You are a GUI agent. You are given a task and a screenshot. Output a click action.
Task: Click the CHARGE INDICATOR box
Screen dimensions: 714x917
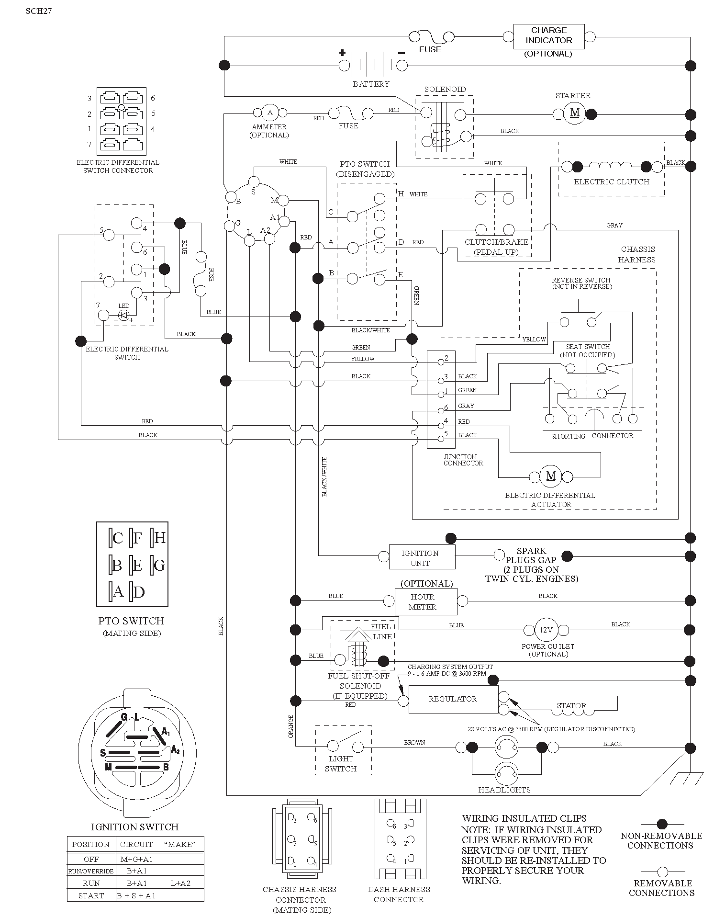pos(549,36)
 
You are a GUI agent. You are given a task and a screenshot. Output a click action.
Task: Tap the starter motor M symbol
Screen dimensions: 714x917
pos(575,113)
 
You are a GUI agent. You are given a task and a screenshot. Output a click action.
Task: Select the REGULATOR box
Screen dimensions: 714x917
pos(453,699)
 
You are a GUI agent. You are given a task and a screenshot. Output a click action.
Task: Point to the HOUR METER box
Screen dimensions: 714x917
pos(426,601)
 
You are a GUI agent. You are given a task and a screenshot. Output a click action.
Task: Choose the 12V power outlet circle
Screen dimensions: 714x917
pos(546,630)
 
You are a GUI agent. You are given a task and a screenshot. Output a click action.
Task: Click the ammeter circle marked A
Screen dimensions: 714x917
pos(270,113)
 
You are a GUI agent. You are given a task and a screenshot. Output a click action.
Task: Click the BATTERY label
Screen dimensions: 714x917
pos(371,84)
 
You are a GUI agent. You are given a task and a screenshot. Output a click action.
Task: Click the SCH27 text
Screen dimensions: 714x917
pos(38,11)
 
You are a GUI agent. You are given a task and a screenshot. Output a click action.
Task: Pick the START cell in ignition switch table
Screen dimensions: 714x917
pos(91,895)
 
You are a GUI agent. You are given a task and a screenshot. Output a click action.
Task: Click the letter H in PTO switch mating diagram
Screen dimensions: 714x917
pos(160,538)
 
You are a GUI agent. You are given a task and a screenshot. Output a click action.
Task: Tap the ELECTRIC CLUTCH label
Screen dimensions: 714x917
pos(612,182)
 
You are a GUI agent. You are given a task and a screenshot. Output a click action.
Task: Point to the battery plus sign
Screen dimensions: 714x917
pos(343,53)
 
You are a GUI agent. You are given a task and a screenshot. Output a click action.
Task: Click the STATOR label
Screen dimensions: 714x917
pos(571,706)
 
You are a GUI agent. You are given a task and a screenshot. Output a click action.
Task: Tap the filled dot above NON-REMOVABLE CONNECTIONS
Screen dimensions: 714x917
pos(662,824)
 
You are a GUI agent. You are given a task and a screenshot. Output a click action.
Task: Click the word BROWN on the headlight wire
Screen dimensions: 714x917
pos(414,742)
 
